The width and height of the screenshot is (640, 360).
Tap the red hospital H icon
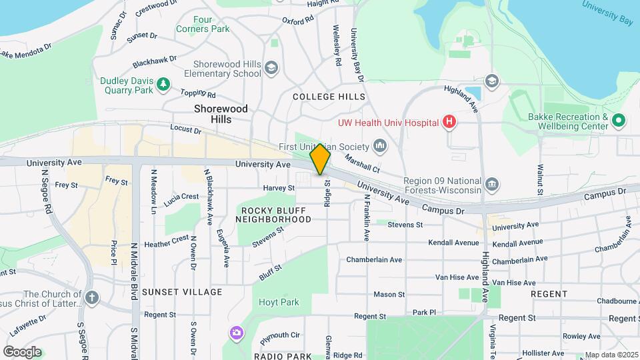pyautogui.click(x=450, y=122)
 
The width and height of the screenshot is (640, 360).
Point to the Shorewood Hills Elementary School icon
pyautogui.click(x=271, y=68)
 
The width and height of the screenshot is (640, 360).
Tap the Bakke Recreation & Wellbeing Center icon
pyautogui.click(x=618, y=121)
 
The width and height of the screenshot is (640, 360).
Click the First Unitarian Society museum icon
pyautogui.click(x=380, y=146)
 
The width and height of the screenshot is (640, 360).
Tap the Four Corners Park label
pyautogui.click(x=203, y=24)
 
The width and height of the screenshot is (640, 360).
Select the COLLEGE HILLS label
pyautogui.click(x=329, y=97)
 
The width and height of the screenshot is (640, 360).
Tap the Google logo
pyautogui.click(x=22, y=351)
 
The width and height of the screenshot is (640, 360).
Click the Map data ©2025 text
pyautogui.click(x=611, y=355)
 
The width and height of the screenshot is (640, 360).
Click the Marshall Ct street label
pyautogui.click(x=362, y=162)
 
